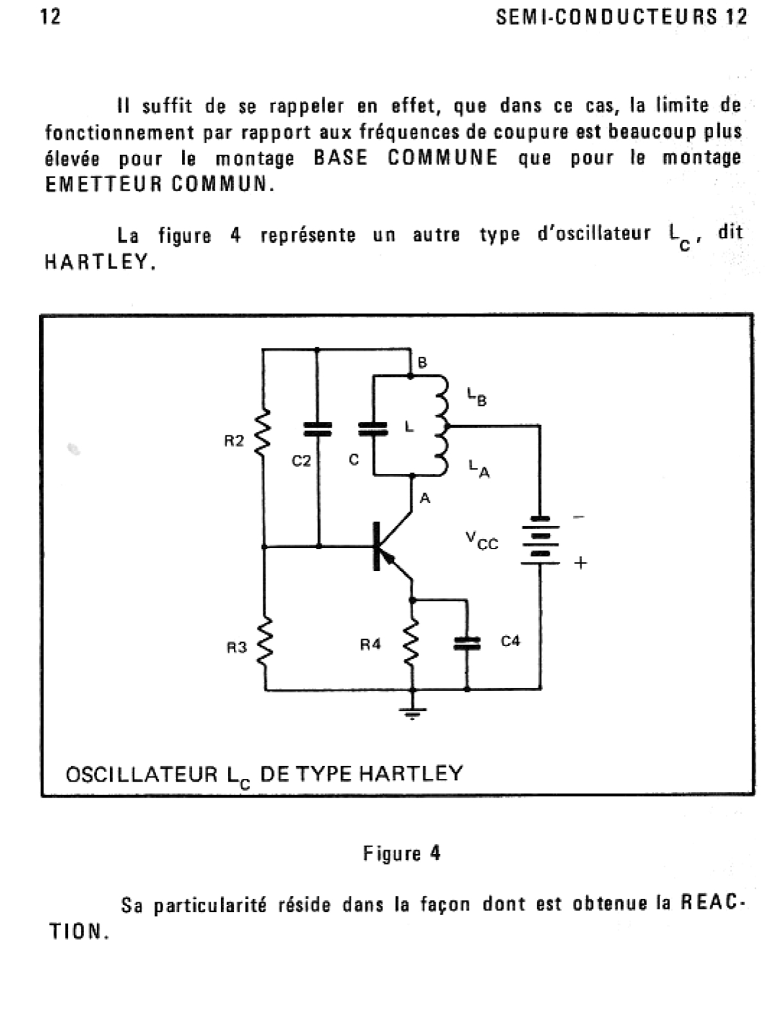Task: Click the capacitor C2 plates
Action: coord(317,429)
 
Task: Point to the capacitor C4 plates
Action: coord(467,643)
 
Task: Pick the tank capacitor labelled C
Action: coord(373,428)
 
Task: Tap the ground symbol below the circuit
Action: coord(412,711)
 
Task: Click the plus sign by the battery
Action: coord(580,563)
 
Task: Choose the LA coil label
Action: coord(479,469)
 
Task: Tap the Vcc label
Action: coord(483,541)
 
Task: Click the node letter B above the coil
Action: coord(422,363)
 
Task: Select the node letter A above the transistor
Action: coord(425,498)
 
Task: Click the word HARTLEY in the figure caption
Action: coord(411,773)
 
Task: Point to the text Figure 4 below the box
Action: coord(402,854)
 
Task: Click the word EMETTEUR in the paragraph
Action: coord(103,184)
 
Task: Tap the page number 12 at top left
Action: coord(51,17)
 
